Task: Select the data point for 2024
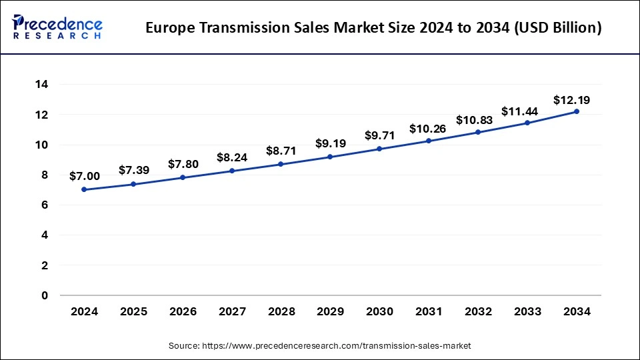tap(84, 189)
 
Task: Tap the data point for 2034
tap(576, 111)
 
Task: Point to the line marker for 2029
tap(330, 157)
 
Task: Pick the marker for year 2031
tap(429, 141)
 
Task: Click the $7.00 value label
tap(84, 176)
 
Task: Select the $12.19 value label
tap(571, 100)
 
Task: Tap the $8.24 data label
tap(232, 158)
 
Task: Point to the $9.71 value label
tap(379, 135)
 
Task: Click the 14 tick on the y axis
tap(41, 85)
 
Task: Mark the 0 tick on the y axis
tap(45, 295)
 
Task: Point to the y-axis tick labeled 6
tap(45, 205)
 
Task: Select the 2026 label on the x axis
tap(183, 312)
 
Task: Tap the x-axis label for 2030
tap(379, 312)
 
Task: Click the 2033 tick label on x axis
tap(527, 312)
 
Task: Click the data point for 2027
tap(232, 171)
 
